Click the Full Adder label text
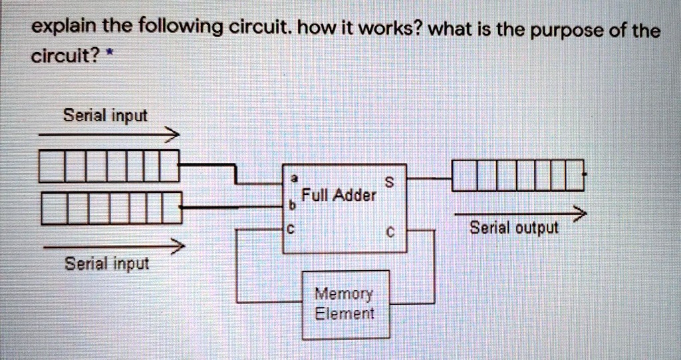tap(339, 195)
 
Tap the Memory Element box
tap(345, 303)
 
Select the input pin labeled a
tap(293, 178)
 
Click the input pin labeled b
tap(291, 206)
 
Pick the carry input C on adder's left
tap(291, 231)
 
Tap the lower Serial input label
tap(106, 264)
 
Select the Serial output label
tap(514, 228)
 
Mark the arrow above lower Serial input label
tap(112, 247)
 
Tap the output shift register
tap(517, 176)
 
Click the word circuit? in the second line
tap(62, 56)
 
